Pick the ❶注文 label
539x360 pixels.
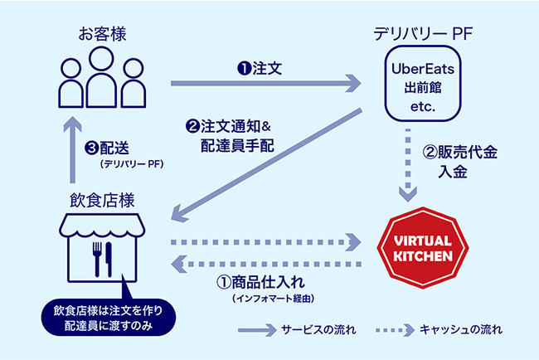[261, 70]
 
